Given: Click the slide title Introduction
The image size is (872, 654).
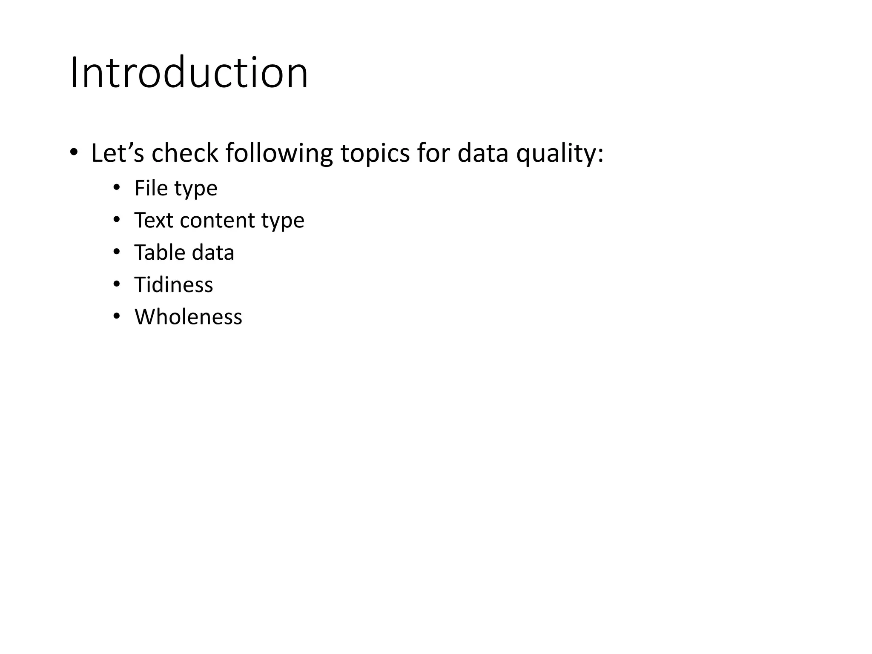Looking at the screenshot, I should (x=189, y=73).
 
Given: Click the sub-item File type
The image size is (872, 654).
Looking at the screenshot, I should (x=175, y=188).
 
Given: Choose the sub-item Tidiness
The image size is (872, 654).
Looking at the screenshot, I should (x=173, y=284).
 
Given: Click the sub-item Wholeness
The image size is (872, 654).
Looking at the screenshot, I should (x=188, y=317).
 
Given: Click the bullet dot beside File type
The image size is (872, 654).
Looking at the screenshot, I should (x=116, y=188).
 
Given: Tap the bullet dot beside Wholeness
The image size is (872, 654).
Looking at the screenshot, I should (x=116, y=316).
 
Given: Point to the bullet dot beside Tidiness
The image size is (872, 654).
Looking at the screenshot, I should (x=116, y=284).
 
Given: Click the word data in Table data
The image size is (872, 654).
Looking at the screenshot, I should (x=213, y=252).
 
